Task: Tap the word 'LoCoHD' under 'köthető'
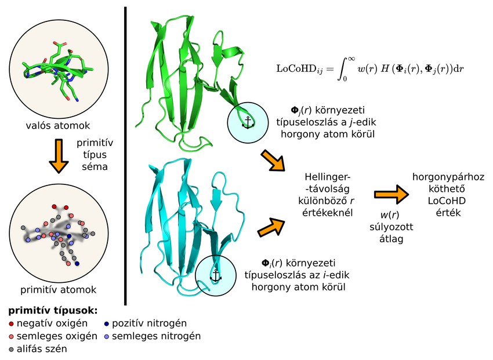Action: [439, 200]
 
